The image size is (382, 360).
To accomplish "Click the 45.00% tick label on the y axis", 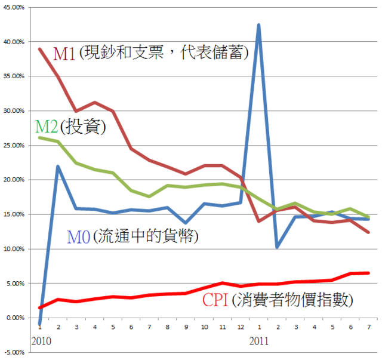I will pyautogui.click(x=13, y=7).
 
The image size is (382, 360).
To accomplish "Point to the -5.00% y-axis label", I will pyautogui.click(x=13, y=352).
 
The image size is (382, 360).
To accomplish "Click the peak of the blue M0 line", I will pyautogui.click(x=258, y=25).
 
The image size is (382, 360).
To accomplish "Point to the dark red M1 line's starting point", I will pyautogui.click(x=39, y=49).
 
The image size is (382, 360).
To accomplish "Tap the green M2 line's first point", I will pyautogui.click(x=39, y=137).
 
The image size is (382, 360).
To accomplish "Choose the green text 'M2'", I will pyautogui.click(x=47, y=126).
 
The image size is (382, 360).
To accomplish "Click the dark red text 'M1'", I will pyautogui.click(x=64, y=54).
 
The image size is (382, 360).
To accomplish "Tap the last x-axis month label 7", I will pyautogui.click(x=368, y=327).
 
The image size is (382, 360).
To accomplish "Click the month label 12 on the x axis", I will pyautogui.click(x=241, y=327).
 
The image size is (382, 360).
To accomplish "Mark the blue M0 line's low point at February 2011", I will pyautogui.click(x=277, y=247).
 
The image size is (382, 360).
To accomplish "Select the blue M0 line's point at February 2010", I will pyautogui.click(x=58, y=166).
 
